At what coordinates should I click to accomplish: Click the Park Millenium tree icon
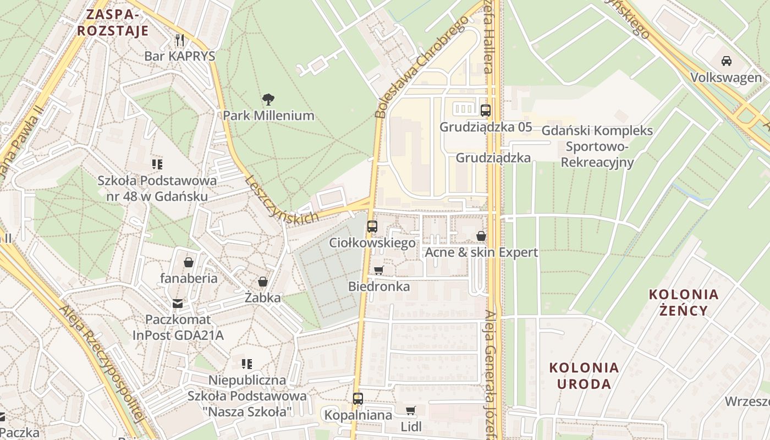click(268, 100)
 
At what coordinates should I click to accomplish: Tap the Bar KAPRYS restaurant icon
click(179, 40)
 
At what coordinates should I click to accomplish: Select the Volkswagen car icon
click(727, 61)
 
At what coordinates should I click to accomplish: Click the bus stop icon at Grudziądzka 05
click(485, 110)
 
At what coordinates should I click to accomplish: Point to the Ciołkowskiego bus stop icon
click(372, 226)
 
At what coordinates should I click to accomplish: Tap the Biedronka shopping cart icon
click(378, 270)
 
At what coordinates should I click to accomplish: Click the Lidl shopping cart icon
click(410, 410)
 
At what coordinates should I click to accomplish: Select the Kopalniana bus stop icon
click(358, 398)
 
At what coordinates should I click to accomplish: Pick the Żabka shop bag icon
click(263, 282)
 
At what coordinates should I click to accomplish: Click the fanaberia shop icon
click(189, 262)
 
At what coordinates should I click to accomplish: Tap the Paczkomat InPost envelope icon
click(178, 303)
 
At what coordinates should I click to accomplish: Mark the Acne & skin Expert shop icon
click(481, 236)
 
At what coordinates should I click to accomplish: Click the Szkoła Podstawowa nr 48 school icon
click(157, 164)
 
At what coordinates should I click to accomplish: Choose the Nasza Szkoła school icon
click(247, 364)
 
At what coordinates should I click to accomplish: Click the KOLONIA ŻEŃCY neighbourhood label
click(684, 302)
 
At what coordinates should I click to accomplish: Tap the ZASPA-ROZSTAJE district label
click(113, 23)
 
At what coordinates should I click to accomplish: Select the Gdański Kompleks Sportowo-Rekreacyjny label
click(597, 146)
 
